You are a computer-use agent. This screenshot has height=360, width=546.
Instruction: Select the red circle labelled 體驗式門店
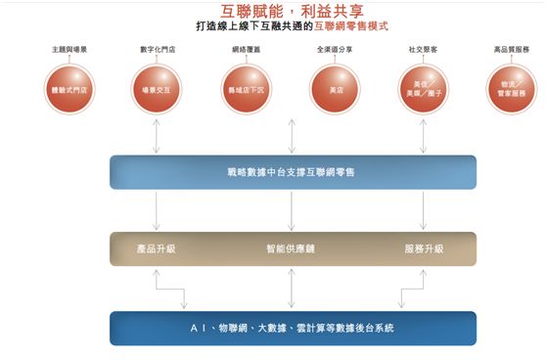coord(68,88)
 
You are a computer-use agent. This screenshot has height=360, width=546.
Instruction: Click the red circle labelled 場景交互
coord(156,88)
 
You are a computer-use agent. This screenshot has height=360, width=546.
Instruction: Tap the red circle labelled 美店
coord(329,88)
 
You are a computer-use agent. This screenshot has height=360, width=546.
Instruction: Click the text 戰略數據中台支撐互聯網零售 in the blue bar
coord(291,172)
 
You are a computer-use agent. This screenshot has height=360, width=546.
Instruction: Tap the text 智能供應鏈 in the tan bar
coord(291,248)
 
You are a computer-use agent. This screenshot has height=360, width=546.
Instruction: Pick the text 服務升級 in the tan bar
coord(424,248)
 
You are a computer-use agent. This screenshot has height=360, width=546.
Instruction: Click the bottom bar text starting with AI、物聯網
coord(291,328)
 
